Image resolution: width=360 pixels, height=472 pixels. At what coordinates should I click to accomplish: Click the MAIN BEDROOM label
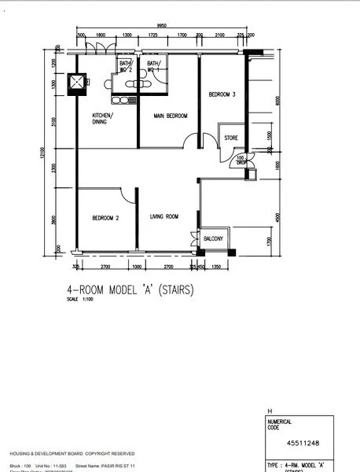pos(171,116)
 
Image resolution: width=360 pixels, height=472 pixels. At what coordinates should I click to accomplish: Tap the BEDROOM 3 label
pos(222,94)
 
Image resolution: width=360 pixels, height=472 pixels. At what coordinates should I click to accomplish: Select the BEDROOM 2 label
pos(105,218)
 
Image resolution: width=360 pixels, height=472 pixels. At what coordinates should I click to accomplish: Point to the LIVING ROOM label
pos(164,216)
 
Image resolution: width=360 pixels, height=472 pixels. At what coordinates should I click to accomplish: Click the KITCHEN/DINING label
pos(102,119)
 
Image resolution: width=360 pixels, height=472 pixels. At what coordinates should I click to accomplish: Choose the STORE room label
pos(230,138)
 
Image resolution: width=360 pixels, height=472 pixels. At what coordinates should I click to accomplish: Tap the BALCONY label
pos(213,238)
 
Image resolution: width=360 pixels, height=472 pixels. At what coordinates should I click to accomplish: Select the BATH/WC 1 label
pos(153,66)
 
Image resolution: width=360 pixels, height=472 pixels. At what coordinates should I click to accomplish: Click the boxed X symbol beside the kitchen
pos(78,82)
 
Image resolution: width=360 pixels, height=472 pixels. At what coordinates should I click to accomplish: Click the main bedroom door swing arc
pos(189,141)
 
